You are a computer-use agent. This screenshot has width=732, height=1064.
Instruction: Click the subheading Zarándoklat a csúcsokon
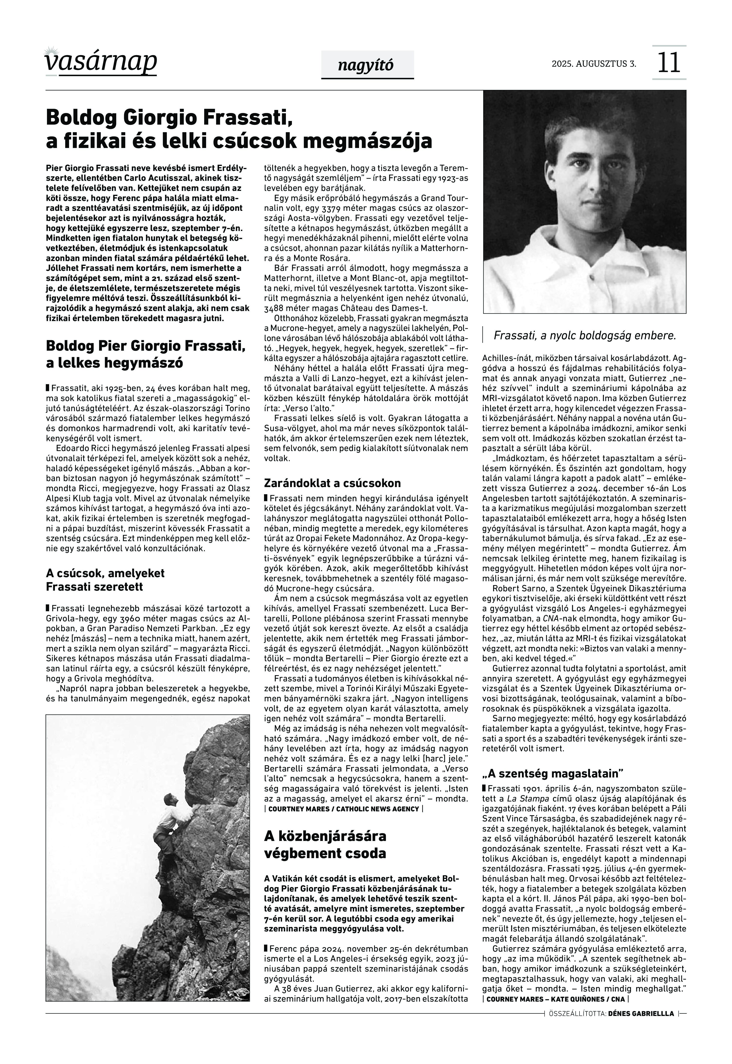tap(332, 483)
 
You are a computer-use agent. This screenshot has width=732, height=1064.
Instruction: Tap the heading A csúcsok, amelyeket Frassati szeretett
tap(105, 580)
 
